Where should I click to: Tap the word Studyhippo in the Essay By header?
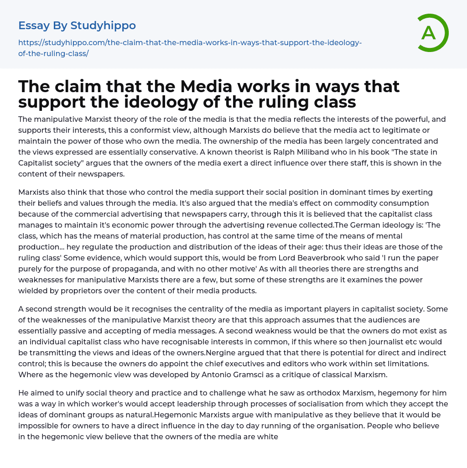[103, 25]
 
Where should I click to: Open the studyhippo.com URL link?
[190, 48]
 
